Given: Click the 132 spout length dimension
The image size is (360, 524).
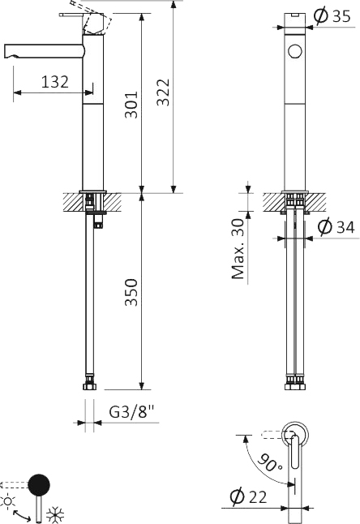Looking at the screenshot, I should [54, 81].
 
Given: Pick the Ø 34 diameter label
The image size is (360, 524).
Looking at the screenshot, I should [335, 228].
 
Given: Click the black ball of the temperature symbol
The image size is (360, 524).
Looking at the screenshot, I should [38, 486].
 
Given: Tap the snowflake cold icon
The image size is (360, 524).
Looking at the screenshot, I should [56, 513].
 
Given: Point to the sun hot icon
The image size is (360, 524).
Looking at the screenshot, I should [10, 500].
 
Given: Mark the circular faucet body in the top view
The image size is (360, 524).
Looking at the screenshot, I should [297, 435].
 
